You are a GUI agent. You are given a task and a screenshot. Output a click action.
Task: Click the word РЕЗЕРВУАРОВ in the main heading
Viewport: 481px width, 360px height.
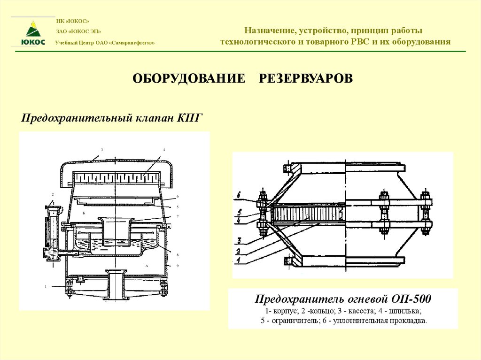305,78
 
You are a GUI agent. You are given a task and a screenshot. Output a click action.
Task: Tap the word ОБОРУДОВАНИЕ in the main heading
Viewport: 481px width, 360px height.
189,78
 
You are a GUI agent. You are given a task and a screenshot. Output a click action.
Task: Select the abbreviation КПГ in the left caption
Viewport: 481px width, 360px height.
190,117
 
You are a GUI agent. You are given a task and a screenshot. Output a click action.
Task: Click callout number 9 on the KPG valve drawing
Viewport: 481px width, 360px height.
178,266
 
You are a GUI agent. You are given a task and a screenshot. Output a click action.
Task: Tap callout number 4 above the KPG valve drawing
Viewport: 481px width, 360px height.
164,150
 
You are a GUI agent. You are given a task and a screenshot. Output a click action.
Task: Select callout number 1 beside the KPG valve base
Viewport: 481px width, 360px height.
46,286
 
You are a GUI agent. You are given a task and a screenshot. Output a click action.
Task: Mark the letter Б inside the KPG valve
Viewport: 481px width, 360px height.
83,213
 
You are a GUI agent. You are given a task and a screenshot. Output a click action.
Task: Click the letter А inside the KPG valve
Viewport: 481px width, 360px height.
147,266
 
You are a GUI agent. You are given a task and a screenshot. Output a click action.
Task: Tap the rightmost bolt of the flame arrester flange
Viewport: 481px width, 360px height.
426,214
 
